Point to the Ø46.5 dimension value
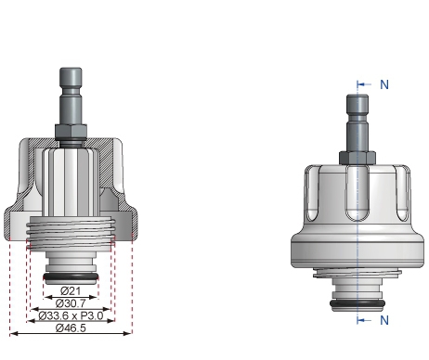tap(71, 329)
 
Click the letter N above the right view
tap(384, 84)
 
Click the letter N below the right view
tap(384, 320)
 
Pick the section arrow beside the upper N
tap(365, 84)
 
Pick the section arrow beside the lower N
tap(365, 320)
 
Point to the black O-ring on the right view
tap(357, 303)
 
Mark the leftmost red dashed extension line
tap(8, 278)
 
